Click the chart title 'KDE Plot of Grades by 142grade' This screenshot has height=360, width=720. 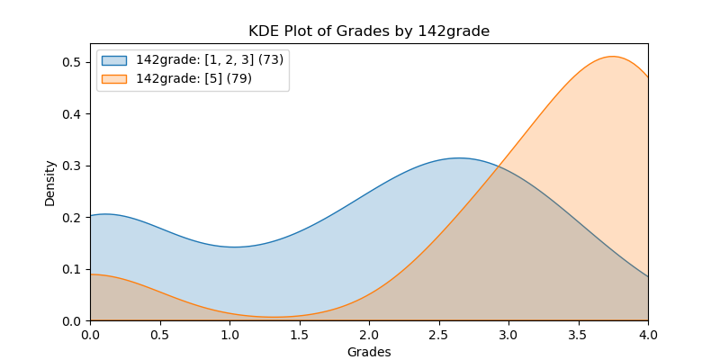[x=369, y=31]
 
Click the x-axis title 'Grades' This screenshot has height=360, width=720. [x=369, y=352]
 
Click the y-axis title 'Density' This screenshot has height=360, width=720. [x=50, y=183]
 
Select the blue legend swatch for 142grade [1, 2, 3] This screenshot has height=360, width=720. [x=114, y=60]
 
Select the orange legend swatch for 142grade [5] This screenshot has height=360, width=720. [x=114, y=78]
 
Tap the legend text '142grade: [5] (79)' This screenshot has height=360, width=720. [x=193, y=78]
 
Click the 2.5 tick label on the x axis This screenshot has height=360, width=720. [x=438, y=335]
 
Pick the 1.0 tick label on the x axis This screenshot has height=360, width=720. [x=229, y=335]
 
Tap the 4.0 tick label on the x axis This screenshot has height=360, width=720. [x=648, y=335]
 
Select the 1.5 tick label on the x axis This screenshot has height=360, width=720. [x=299, y=335]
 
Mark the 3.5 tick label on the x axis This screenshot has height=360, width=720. [x=578, y=335]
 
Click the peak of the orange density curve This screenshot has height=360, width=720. [x=613, y=57]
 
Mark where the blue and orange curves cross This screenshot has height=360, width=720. [x=500, y=166]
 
